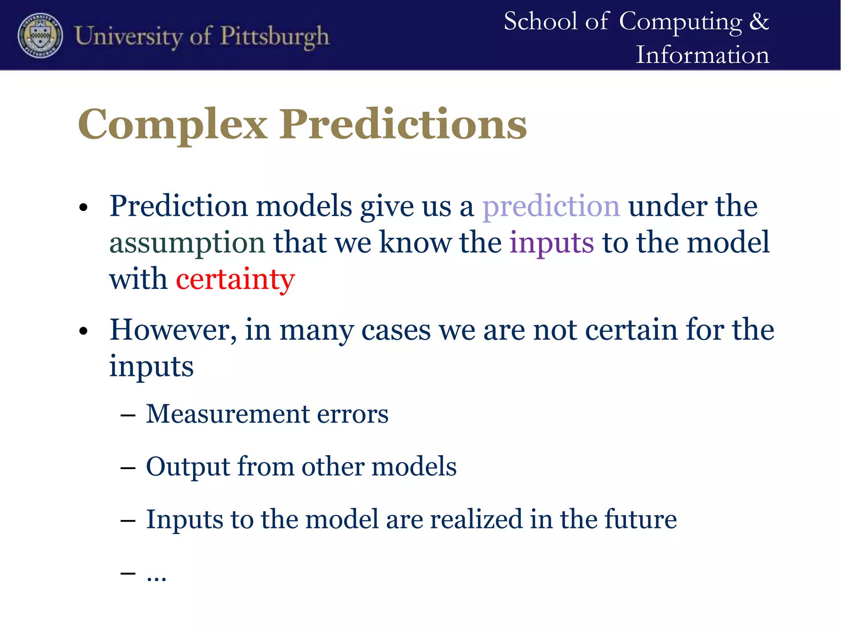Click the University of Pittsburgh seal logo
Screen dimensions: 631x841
click(40, 35)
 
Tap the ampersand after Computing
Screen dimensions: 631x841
click(758, 21)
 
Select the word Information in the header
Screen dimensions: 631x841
click(702, 55)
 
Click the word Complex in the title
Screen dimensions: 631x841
click(172, 124)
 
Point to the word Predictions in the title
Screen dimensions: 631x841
click(403, 124)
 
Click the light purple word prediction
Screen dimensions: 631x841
click(551, 206)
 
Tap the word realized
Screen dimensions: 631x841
click(476, 519)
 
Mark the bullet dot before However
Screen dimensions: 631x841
click(84, 331)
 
